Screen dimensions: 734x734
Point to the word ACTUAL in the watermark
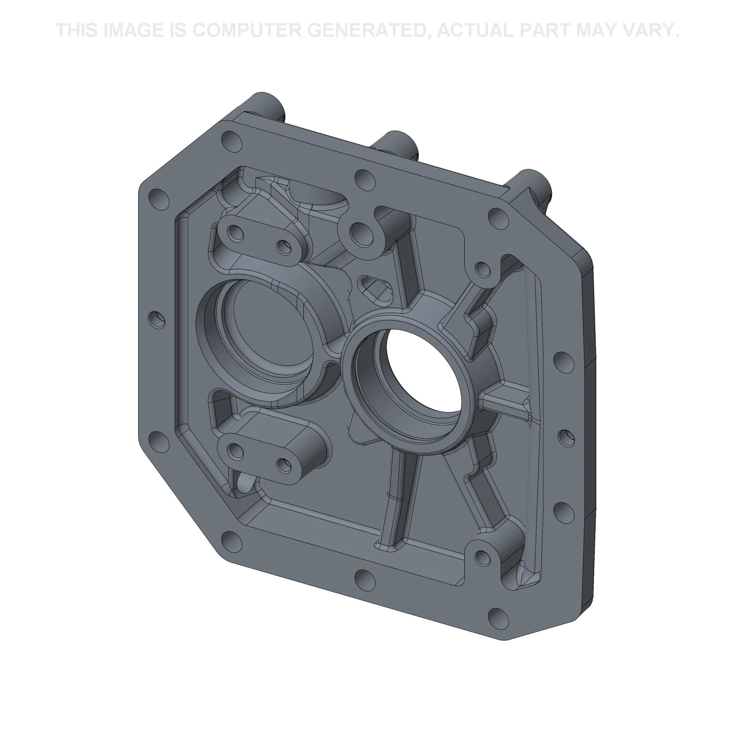tap(475, 30)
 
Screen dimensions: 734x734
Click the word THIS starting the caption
tap(77, 30)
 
